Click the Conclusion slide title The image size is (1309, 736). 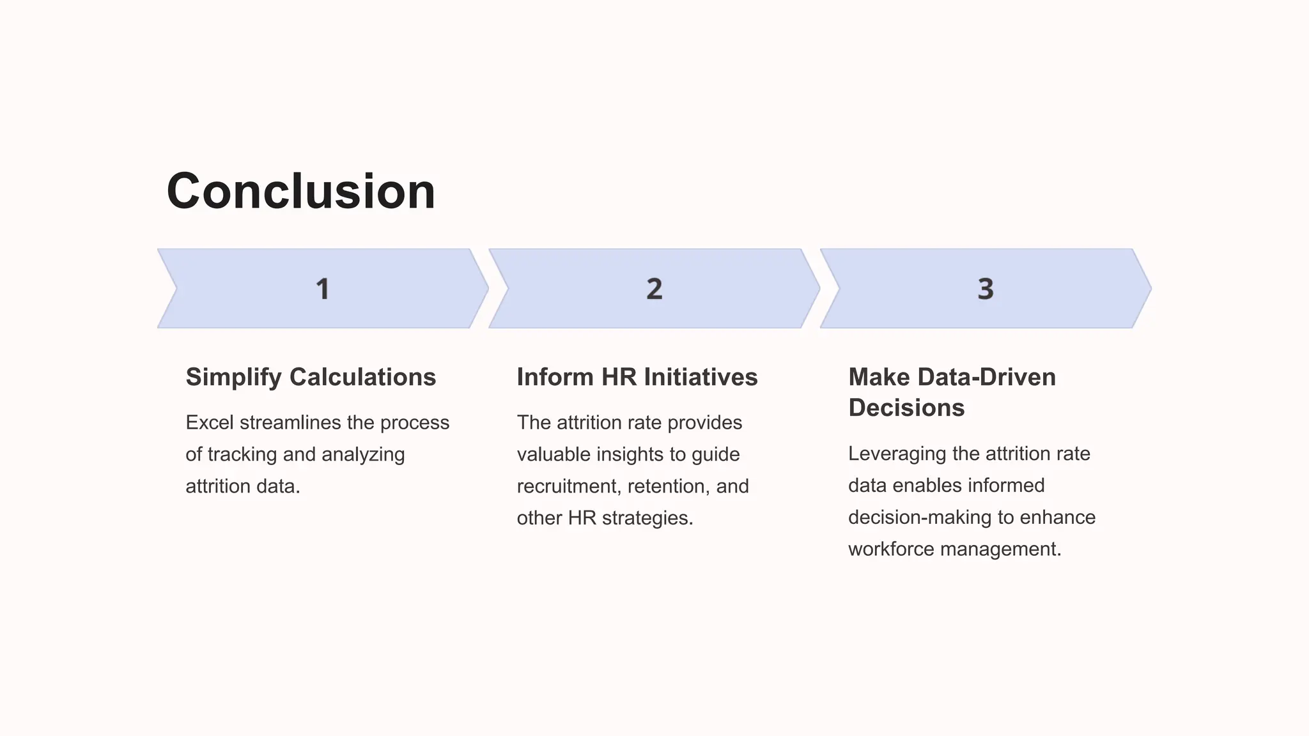click(300, 192)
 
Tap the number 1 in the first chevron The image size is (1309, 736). click(323, 289)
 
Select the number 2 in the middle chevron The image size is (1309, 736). click(654, 289)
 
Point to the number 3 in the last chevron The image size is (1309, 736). click(986, 289)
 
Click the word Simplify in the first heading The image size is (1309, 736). click(233, 378)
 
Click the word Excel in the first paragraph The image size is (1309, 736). click(209, 423)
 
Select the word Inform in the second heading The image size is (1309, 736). click(555, 378)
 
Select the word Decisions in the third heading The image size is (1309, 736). click(906, 408)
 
